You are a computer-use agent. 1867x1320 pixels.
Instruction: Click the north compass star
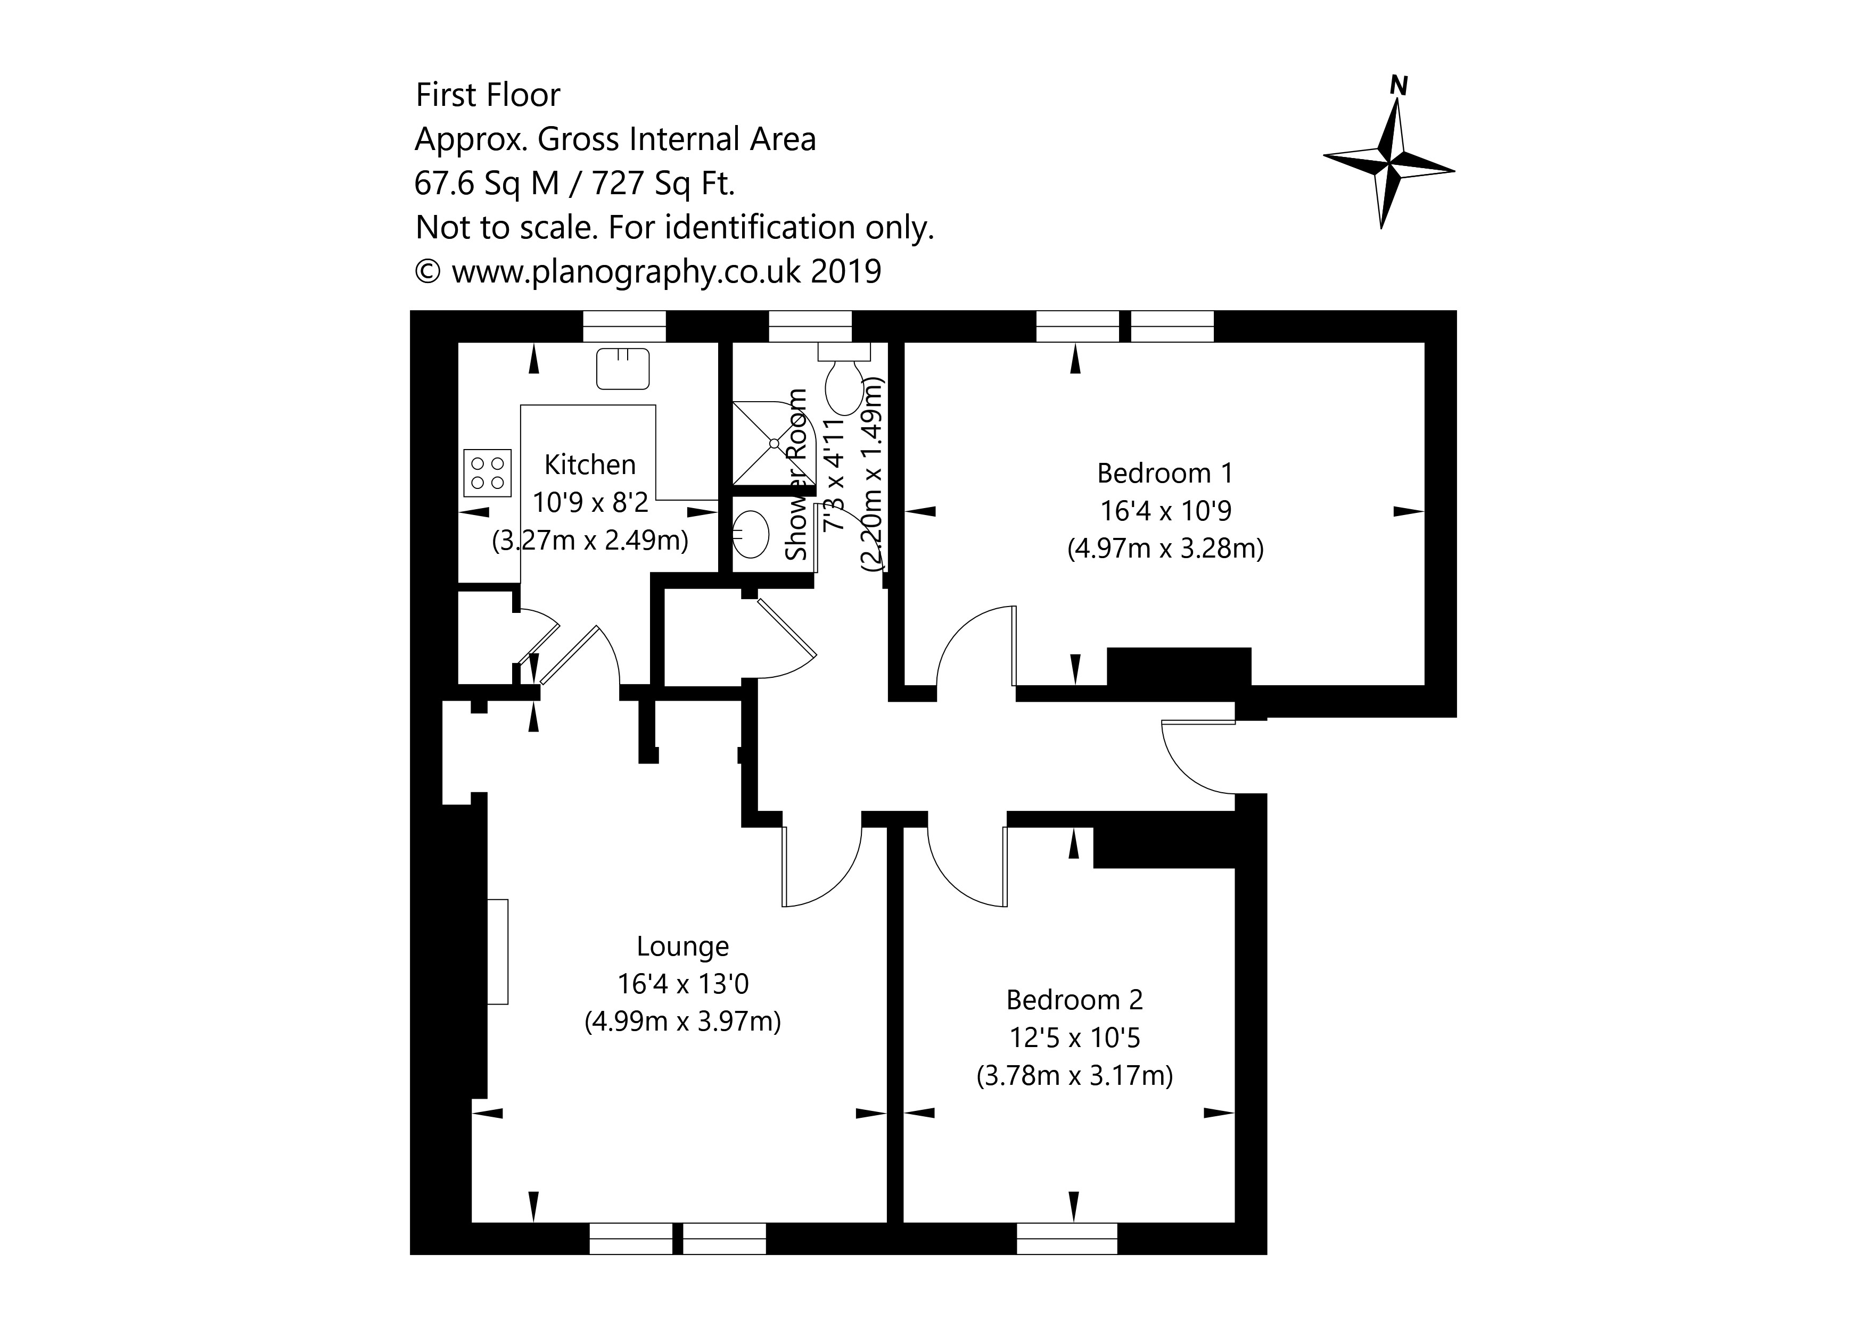(1389, 163)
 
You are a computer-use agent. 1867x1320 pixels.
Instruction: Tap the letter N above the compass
(1399, 85)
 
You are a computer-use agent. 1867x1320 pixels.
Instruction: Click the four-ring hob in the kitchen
(488, 472)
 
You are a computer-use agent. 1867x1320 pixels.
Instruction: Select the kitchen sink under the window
(624, 368)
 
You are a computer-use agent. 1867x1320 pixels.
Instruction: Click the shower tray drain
(774, 443)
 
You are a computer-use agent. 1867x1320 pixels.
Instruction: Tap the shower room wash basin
(751, 533)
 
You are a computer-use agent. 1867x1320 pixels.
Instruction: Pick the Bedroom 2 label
(1074, 1000)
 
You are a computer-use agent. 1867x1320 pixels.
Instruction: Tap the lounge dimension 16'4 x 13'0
(682, 984)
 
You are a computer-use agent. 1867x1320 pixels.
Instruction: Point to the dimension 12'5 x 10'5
(1074, 1038)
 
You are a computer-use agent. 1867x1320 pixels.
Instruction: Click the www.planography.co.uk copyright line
(648, 271)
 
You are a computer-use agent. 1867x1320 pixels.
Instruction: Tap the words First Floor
(488, 95)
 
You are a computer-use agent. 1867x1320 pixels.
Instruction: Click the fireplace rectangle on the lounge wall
(498, 951)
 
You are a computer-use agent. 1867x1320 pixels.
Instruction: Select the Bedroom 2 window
(1067, 1239)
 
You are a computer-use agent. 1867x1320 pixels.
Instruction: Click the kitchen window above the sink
(624, 327)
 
